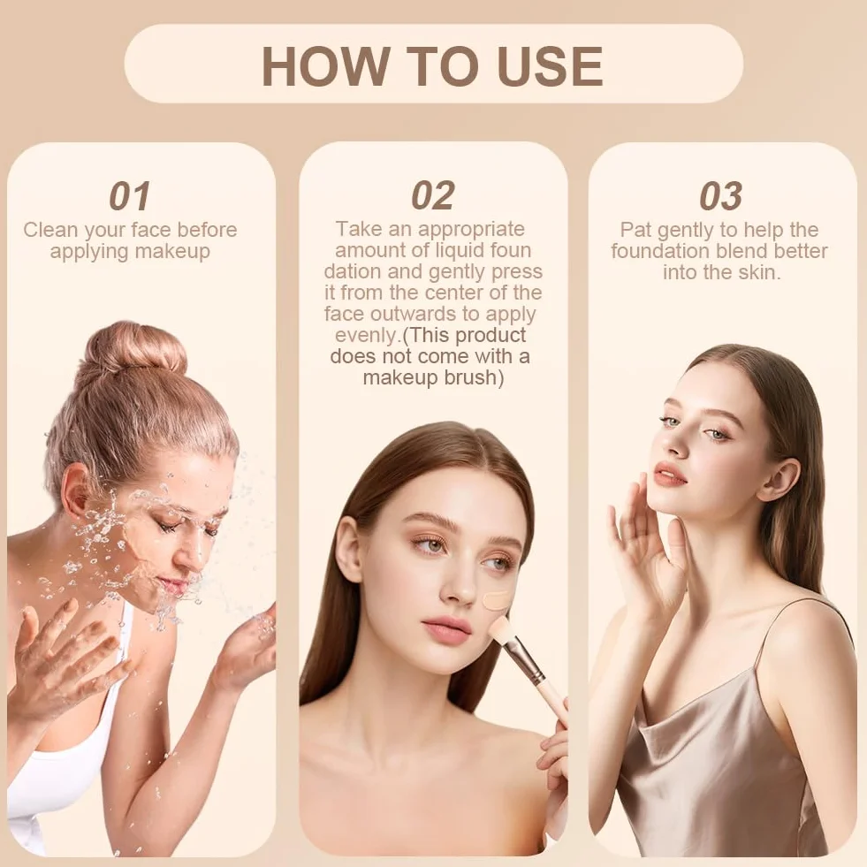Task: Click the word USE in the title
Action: click(550, 65)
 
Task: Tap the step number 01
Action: click(130, 196)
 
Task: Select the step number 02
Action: click(433, 195)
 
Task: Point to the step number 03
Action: click(720, 196)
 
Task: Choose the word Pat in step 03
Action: click(635, 230)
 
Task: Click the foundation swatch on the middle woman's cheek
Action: click(496, 600)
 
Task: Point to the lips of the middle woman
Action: click(446, 630)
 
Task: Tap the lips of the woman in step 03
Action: click(670, 475)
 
